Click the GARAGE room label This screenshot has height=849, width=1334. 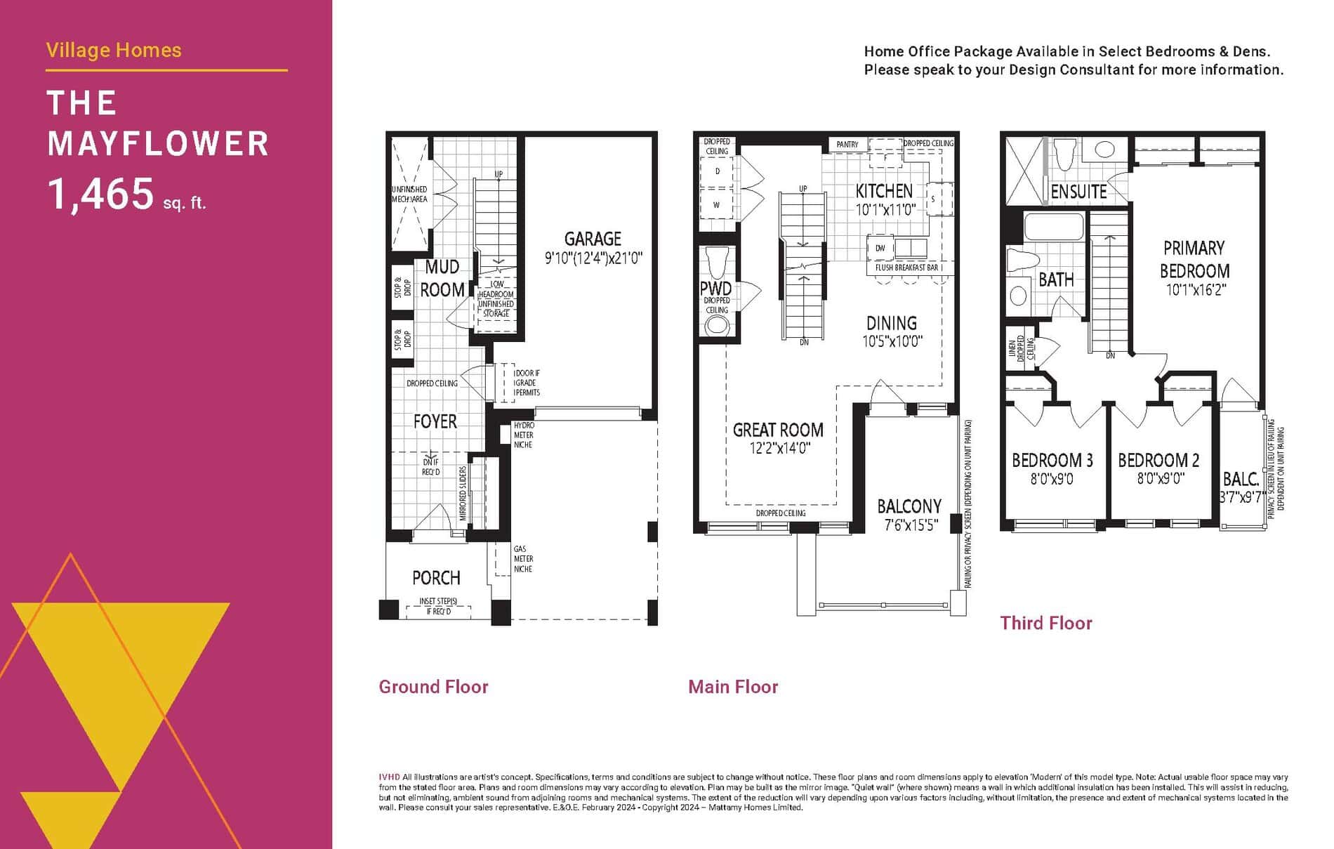[x=593, y=239]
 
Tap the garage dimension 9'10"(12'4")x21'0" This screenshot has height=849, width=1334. [x=593, y=258]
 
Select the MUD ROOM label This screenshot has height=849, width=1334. [x=442, y=278]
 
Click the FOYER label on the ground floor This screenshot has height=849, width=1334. [x=435, y=421]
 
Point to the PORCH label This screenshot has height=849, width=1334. [x=436, y=578]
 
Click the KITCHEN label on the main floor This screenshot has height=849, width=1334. [x=884, y=191]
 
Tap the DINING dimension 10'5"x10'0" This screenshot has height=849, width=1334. [x=892, y=342]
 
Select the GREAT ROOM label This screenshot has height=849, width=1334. [x=778, y=430]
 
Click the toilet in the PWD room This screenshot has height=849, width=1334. [x=717, y=262]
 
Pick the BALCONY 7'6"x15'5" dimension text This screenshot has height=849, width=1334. [x=910, y=525]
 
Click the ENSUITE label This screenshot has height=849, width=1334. [x=1078, y=192]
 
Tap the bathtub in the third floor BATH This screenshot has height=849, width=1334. [x=1054, y=228]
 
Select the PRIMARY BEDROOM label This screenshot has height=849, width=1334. [x=1194, y=259]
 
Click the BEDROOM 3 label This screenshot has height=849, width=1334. [x=1052, y=461]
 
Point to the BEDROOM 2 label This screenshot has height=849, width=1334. [x=1158, y=461]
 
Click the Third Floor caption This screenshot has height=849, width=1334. [x=1045, y=623]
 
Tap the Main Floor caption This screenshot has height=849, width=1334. [x=733, y=687]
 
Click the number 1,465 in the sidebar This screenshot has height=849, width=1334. [x=100, y=195]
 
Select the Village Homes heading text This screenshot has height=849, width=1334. [x=114, y=51]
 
